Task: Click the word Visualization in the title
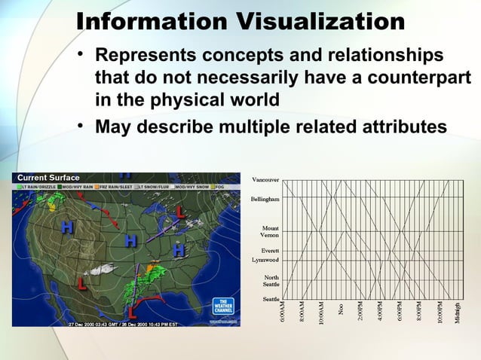click(x=321, y=21)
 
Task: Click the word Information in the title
click(x=152, y=21)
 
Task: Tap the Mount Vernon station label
click(x=270, y=231)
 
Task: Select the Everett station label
click(x=271, y=249)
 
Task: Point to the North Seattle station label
click(x=270, y=281)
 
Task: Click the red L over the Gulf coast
click(x=131, y=310)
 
